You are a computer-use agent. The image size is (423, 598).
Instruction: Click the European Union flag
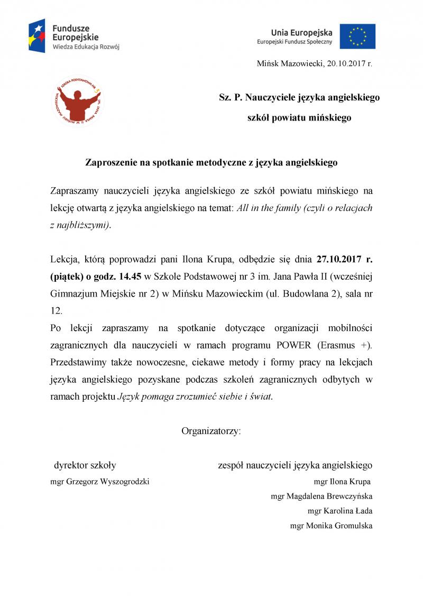357,36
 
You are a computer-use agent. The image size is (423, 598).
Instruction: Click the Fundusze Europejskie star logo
37,35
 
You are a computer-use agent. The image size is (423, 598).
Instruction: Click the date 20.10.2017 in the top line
346,63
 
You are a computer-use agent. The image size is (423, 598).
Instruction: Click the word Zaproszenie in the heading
110,163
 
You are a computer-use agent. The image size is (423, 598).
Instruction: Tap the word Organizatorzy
211,430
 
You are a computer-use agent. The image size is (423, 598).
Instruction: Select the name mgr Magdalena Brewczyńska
321,496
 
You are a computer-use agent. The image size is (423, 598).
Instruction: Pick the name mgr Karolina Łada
340,511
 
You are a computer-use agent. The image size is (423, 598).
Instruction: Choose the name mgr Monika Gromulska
332,526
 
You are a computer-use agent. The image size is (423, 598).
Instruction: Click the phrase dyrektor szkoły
85,465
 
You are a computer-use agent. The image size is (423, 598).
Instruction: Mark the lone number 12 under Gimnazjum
56,311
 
